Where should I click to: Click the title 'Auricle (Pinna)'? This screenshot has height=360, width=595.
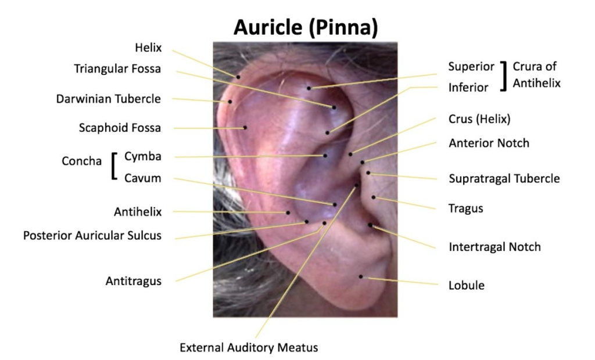[306, 27]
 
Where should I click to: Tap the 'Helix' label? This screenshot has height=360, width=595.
[148, 48]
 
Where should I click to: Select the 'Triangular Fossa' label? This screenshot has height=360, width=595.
[117, 69]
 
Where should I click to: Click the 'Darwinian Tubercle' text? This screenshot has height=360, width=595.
[109, 99]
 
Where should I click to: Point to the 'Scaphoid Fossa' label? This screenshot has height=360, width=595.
[120, 128]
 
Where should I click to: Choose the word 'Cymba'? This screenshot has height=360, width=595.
[143, 156]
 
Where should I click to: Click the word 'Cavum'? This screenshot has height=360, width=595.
[143, 178]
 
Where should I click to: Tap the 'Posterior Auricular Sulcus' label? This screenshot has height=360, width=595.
[92, 236]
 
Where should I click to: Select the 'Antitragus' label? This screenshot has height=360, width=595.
[134, 281]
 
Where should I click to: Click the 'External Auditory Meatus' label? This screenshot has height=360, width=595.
[249, 347]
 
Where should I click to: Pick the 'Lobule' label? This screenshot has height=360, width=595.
[467, 285]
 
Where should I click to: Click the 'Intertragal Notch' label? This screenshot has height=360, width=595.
[494, 247]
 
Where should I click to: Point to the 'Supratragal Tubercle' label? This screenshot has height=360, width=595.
[504, 179]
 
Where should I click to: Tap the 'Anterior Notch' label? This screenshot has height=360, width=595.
[489, 143]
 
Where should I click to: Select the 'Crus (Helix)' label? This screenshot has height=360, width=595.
[479, 119]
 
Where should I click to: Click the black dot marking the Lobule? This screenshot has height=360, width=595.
[361, 276]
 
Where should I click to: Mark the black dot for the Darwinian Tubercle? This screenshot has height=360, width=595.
[230, 102]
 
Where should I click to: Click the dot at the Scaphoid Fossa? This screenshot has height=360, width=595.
[245, 128]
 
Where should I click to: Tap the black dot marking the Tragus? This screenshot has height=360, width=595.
[374, 197]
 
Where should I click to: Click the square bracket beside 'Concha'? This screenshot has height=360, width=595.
[113, 166]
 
